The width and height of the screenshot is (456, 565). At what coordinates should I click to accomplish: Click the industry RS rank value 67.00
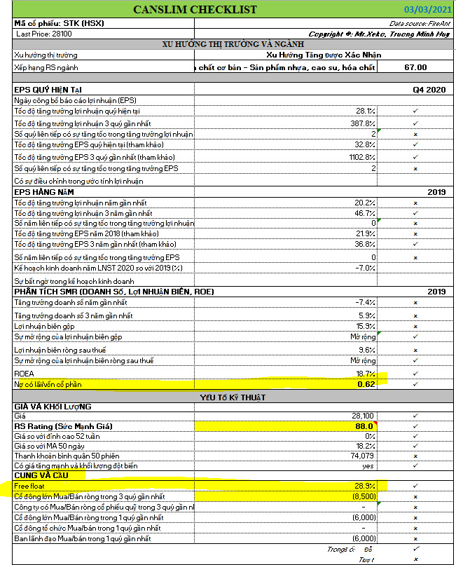point(415,67)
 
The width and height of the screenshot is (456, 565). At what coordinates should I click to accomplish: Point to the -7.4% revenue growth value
point(366,302)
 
